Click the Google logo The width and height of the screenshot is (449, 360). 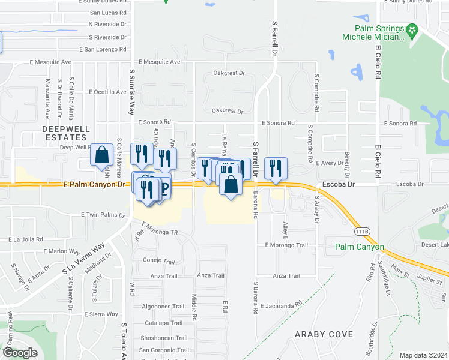pos(20,353)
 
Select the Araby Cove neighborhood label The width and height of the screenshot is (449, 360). pos(323,334)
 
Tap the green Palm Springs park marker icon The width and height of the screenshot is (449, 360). pos(412,29)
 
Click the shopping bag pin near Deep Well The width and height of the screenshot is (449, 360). pos(102,155)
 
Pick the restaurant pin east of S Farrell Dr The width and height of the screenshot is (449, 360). pos(276,167)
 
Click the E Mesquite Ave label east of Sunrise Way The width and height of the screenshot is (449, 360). pos(159,62)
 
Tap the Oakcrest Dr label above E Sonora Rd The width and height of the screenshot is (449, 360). pos(228,111)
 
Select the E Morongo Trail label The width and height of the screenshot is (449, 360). pos(286,245)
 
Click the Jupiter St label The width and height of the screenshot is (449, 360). pos(414,279)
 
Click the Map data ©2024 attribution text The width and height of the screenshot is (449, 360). pos(423,355)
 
